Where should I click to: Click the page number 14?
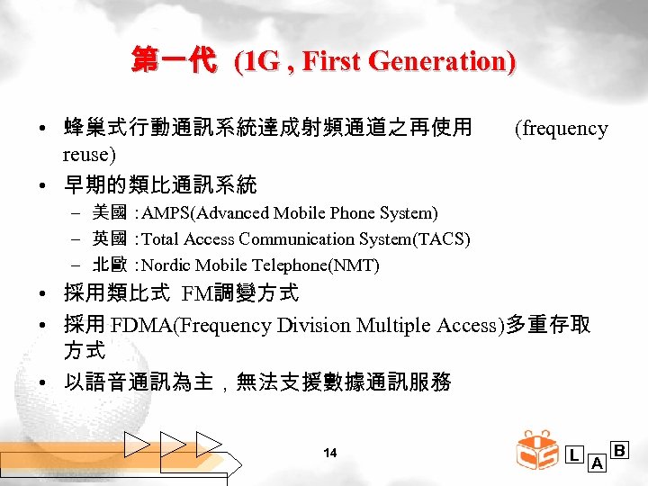(x=329, y=453)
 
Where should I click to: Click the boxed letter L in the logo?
(x=574, y=455)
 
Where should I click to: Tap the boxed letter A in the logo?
(x=596, y=463)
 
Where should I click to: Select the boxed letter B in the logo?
(x=620, y=449)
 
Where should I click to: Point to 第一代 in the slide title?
(x=174, y=62)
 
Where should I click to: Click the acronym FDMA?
(x=141, y=325)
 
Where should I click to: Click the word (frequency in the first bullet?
(x=560, y=129)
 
